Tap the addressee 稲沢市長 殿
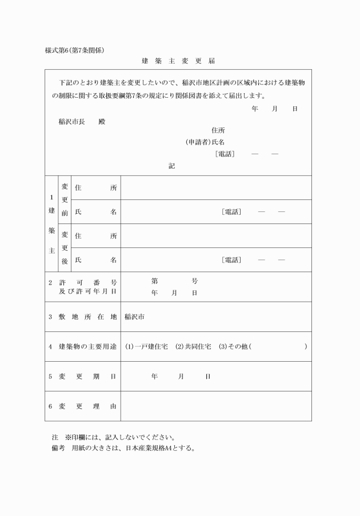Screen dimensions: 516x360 82,122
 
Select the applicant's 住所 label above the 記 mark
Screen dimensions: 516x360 218,130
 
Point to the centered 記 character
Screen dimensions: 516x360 171,166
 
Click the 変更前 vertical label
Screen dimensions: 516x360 65,200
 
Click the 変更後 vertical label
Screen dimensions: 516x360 65,248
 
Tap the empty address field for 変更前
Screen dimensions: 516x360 216,188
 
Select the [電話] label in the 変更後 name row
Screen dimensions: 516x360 231,260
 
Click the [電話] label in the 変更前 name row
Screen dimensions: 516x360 231,212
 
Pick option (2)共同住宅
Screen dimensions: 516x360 193,347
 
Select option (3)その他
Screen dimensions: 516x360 235,347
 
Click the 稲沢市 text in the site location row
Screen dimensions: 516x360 134,317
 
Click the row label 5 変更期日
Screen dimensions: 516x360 82,377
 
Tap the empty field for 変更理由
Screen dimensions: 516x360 216,406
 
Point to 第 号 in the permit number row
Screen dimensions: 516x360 174,281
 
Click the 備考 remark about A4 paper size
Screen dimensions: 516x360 123,448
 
